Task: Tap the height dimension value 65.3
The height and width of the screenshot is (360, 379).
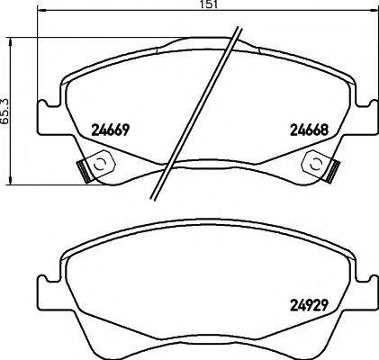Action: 6,110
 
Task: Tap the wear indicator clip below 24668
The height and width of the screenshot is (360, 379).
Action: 320,166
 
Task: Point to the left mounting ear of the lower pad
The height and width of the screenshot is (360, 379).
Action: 45,292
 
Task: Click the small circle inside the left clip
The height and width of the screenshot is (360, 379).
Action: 100,164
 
